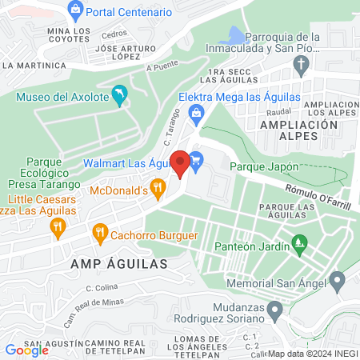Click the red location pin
181,162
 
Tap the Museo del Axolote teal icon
120,97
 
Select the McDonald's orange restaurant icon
158,190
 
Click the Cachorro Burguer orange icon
100,234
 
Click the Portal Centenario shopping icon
77,11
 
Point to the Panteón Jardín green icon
299,241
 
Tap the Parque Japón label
264,166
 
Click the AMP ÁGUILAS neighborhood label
118,262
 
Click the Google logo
26,350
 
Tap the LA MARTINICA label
34,65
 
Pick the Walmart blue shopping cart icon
197,160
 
